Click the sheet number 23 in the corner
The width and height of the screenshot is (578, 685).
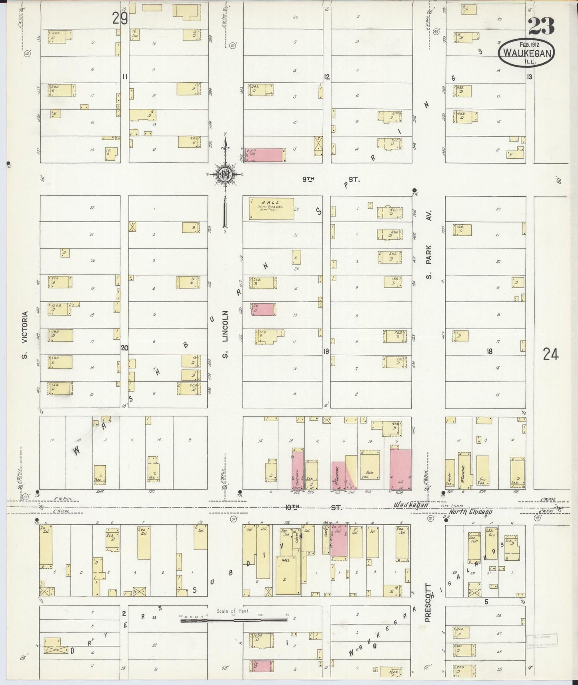pyautogui.click(x=541, y=26)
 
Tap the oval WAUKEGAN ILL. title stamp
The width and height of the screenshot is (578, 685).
pyautogui.click(x=527, y=54)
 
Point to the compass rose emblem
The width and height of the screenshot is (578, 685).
pyautogui.click(x=225, y=174)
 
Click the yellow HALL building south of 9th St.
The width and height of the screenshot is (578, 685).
pyautogui.click(x=272, y=208)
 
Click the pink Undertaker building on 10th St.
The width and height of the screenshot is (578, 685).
pyautogui.click(x=297, y=470)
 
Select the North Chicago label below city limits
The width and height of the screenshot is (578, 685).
pyautogui.click(x=470, y=512)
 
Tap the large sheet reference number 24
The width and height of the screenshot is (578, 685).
pyautogui.click(x=550, y=354)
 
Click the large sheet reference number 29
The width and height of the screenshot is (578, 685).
pyautogui.click(x=119, y=18)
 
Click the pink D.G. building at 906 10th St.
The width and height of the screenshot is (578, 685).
pyautogui.click(x=400, y=469)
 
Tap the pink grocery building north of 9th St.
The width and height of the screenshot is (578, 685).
pyautogui.click(x=265, y=155)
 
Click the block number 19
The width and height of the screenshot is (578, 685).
pyautogui.click(x=326, y=351)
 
